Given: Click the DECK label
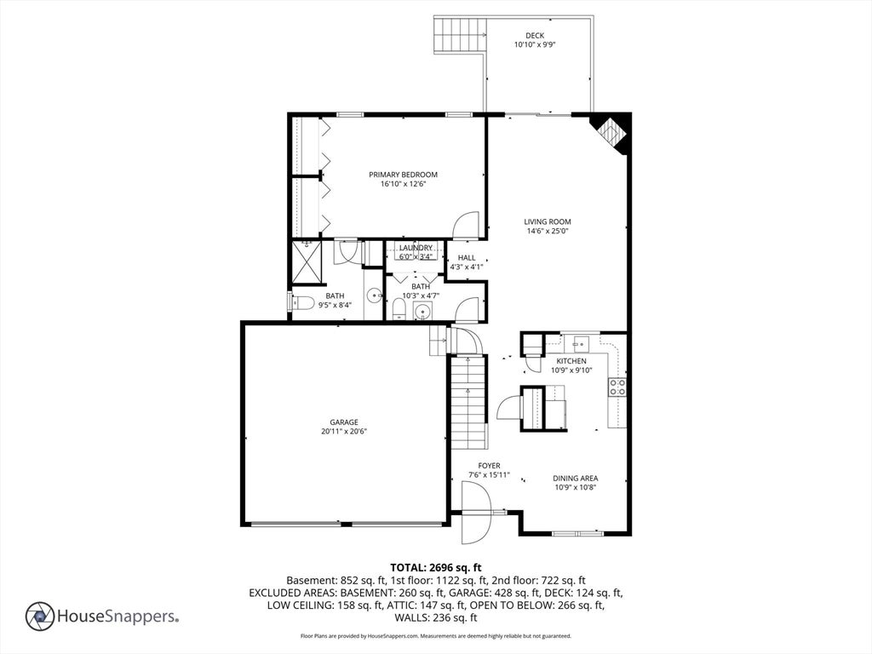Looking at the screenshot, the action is [535, 36].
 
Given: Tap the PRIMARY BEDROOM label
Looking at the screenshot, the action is [403, 175].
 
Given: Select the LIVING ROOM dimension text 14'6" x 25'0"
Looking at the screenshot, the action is [548, 231].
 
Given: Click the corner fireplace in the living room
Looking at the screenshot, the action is [611, 131].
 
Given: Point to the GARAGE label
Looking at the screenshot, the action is [344, 422].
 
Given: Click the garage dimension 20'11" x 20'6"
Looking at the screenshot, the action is [344, 432].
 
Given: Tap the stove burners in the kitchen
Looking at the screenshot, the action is [617, 387].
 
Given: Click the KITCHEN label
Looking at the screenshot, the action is [571, 361].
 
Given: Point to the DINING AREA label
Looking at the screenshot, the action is [575, 479].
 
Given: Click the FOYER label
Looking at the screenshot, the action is [489, 466].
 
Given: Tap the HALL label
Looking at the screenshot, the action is [467, 257].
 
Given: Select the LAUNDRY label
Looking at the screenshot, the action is [416, 248].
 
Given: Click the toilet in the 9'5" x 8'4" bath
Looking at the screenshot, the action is [301, 302].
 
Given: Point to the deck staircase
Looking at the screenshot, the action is [460, 34].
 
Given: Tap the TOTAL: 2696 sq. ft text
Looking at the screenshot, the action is [436, 568].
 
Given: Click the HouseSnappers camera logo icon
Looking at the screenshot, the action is [39, 617].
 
